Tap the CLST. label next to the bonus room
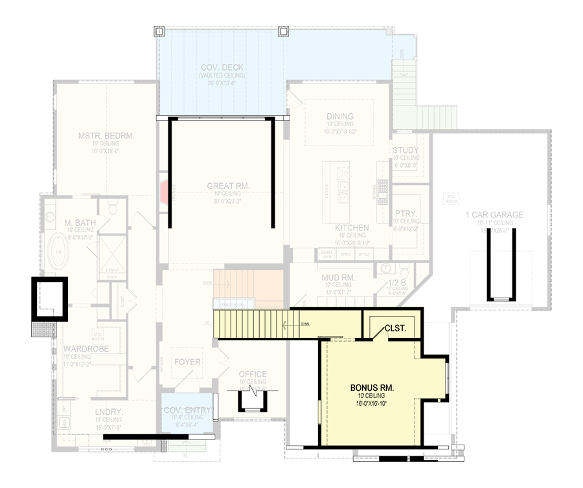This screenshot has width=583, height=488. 395,328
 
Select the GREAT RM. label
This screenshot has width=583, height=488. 228,186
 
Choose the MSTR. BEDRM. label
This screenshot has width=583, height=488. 106,136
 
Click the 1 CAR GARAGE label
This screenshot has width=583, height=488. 494,215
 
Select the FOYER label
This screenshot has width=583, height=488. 187,362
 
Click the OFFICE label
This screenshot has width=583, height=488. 253,374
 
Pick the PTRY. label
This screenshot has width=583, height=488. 406,213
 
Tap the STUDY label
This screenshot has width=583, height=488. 406,151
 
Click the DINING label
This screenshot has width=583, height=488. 339,116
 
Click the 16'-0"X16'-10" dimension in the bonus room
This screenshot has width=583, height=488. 372,403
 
